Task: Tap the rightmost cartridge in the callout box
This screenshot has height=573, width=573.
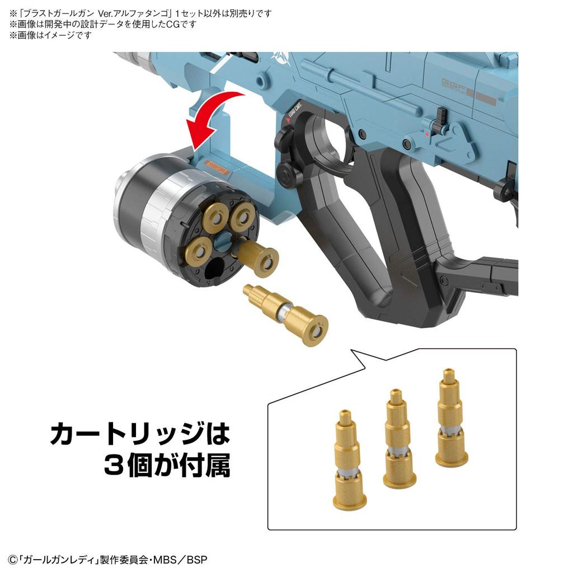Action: pyautogui.click(x=451, y=419)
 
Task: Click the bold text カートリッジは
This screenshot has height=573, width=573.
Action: pyautogui.click(x=140, y=434)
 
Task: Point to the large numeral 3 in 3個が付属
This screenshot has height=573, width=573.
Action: pyautogui.click(x=115, y=466)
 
